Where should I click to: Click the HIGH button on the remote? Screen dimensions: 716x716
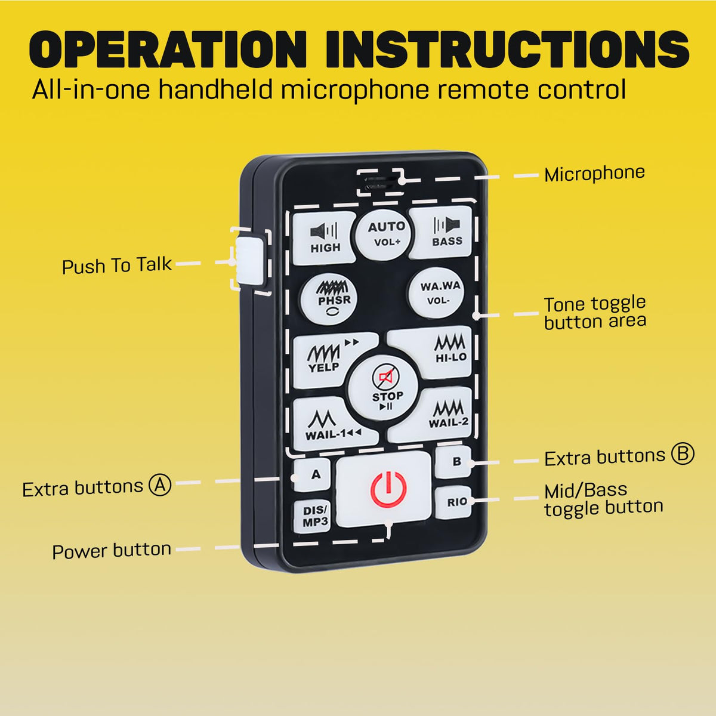click(324, 238)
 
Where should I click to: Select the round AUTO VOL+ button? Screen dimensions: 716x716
click(384, 234)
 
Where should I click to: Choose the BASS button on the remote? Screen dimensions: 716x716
click(442, 232)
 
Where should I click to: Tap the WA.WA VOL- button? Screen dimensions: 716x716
click(436, 293)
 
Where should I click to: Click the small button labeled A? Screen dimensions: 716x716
click(312, 474)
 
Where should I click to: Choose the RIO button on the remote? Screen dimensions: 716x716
click(453, 502)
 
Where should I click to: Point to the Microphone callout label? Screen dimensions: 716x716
click(594, 174)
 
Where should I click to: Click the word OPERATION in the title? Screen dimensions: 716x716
click(168, 49)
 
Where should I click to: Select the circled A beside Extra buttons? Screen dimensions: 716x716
click(160, 485)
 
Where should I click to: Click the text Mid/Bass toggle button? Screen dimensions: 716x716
click(603, 499)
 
